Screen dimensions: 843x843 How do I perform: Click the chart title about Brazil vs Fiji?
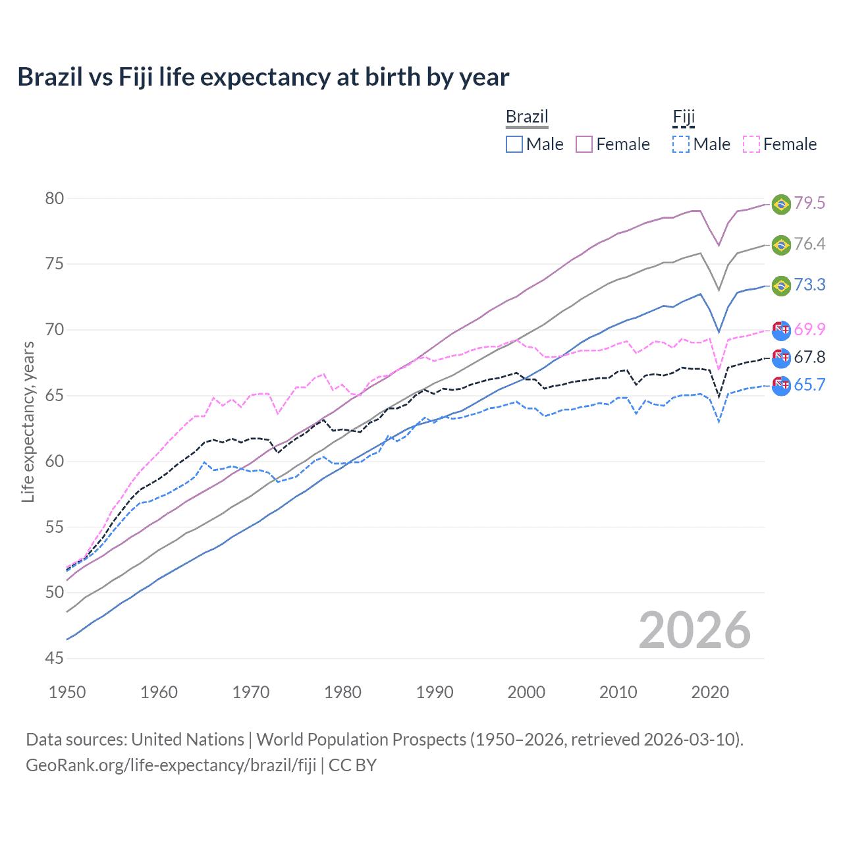tap(263, 77)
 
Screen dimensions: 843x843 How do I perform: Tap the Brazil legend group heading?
tap(527, 117)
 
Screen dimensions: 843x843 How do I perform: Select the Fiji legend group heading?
tap(684, 117)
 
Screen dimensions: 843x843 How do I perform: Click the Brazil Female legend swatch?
tap(584, 144)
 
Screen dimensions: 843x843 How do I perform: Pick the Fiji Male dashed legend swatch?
tap(681, 144)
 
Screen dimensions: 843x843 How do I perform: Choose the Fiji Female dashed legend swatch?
tap(751, 144)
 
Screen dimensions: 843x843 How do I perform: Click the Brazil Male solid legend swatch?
tap(514, 144)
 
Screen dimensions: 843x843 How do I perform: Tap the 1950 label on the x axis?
tap(67, 692)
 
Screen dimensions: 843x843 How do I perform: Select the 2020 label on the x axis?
tap(710, 692)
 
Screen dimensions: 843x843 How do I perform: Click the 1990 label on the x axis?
tap(435, 692)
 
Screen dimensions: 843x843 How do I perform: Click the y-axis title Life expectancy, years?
tap(28, 421)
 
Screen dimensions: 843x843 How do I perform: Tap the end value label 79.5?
tap(809, 203)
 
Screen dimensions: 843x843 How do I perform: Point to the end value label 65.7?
tap(809, 385)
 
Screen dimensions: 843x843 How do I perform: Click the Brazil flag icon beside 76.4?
tap(781, 245)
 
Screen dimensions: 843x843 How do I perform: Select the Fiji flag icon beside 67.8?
tap(781, 358)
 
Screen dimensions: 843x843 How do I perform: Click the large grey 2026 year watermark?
tap(695, 630)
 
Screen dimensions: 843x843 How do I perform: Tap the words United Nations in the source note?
tap(188, 740)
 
